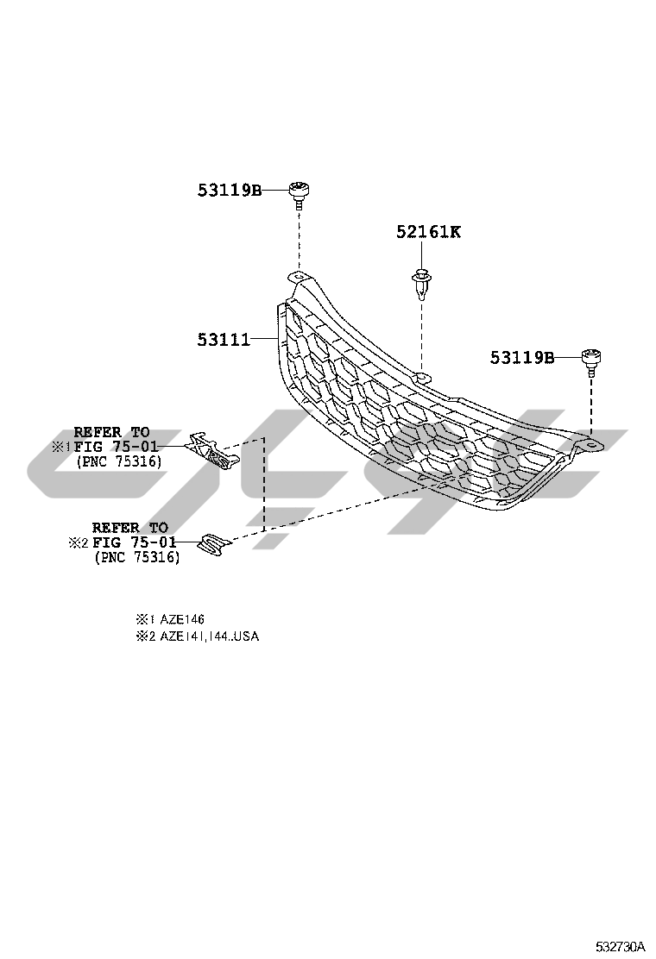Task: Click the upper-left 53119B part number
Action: [x=230, y=191]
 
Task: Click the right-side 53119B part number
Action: [x=522, y=357]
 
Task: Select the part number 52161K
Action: [x=429, y=231]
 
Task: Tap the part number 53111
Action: [x=222, y=340]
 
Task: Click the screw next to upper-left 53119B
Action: [x=300, y=193]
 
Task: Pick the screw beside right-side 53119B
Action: [x=591, y=360]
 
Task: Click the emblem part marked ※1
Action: [x=211, y=449]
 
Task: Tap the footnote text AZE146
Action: [x=182, y=619]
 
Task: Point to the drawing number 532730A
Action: [x=620, y=946]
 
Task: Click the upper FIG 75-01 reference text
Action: [x=116, y=447]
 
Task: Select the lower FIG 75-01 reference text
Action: [x=134, y=542]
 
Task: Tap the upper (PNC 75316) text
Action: [x=118, y=462]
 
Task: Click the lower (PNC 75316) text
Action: [x=136, y=558]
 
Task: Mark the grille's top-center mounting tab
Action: [x=422, y=377]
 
